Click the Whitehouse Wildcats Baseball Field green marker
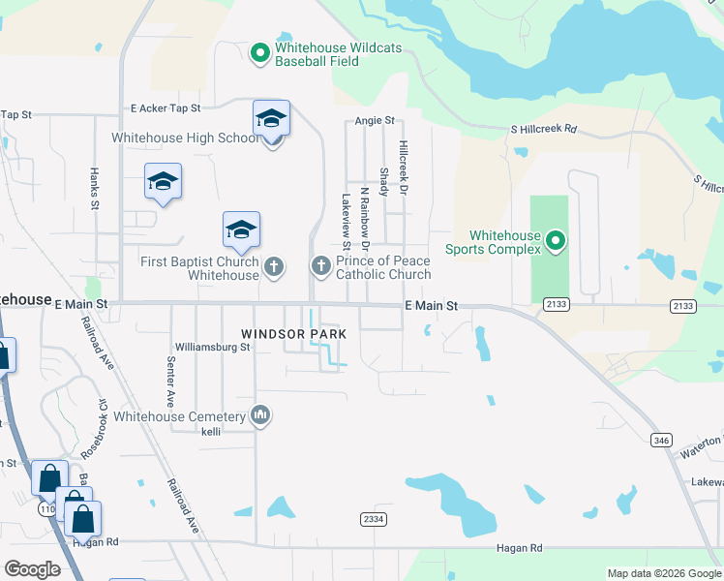259,53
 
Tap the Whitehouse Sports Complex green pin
555,240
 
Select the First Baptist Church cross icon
274,267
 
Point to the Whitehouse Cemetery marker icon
259,416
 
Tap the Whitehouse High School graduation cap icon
271,119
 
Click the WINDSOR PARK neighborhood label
293,334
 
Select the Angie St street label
375,121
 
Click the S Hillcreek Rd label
543,129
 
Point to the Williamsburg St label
212,347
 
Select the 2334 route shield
373,520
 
